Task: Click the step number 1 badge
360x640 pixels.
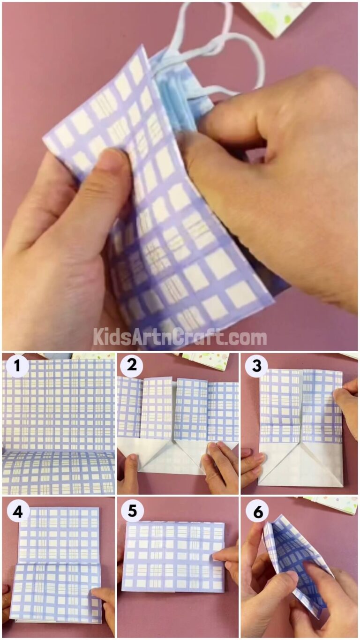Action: tap(17, 368)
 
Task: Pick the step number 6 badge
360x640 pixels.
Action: tap(257, 512)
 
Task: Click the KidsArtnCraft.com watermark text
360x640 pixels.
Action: tap(180, 337)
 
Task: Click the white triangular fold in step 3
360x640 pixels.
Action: tap(300, 464)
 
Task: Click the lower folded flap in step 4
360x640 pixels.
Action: tap(56, 593)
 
